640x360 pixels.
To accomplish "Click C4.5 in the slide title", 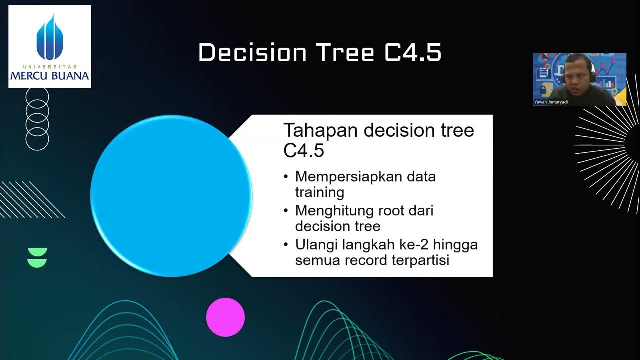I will click(x=413, y=53).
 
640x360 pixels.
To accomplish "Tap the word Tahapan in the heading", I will click(x=321, y=131).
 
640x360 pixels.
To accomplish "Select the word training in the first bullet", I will click(x=319, y=192).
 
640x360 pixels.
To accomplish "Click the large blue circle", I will click(x=171, y=196).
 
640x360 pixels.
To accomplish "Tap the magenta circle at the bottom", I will click(x=225, y=317).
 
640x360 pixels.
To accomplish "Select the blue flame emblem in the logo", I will click(x=49, y=37).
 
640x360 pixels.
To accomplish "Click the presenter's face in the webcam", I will click(x=573, y=75).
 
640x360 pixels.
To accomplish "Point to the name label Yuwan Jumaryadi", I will click(x=551, y=102).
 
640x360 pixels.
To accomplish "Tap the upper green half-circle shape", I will click(x=37, y=251).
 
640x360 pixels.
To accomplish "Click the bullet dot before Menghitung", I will click(x=286, y=211).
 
